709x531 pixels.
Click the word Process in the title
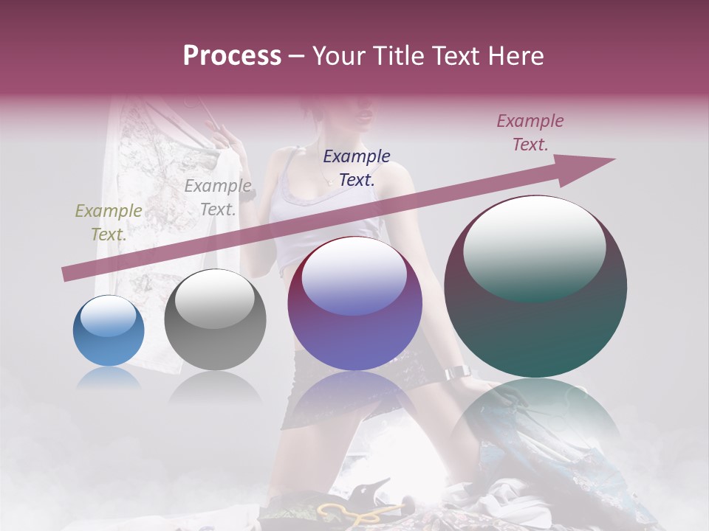pyautogui.click(x=232, y=56)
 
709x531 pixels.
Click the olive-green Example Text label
pyautogui.click(x=109, y=223)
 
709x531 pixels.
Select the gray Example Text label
pyautogui.click(x=218, y=198)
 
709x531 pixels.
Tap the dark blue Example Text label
pyautogui.click(x=357, y=167)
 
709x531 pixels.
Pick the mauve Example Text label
pyautogui.click(x=530, y=133)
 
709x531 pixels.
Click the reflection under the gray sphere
pyautogui.click(x=215, y=386)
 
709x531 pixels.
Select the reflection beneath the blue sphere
pyautogui.click(x=109, y=378)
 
